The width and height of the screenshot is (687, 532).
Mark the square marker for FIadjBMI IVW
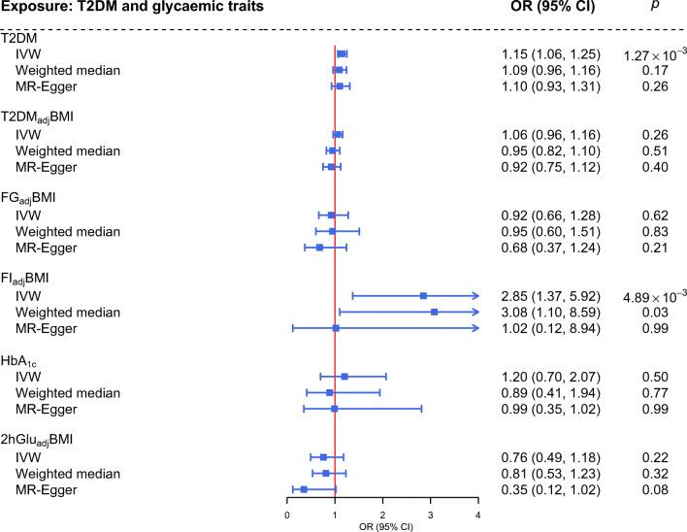pyautogui.click(x=423, y=295)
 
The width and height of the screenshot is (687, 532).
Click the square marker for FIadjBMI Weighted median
pyautogui.click(x=434, y=312)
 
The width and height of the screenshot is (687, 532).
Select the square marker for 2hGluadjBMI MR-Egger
pyautogui.click(x=304, y=489)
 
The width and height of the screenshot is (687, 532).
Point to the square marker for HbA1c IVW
pyautogui.click(x=344, y=376)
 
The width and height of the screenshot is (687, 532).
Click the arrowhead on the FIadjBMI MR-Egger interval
pyautogui.click(x=474, y=328)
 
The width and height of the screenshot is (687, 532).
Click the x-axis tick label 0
pyautogui.click(x=287, y=515)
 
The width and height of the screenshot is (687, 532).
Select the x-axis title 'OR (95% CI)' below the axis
pyautogui.click(x=382, y=526)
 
